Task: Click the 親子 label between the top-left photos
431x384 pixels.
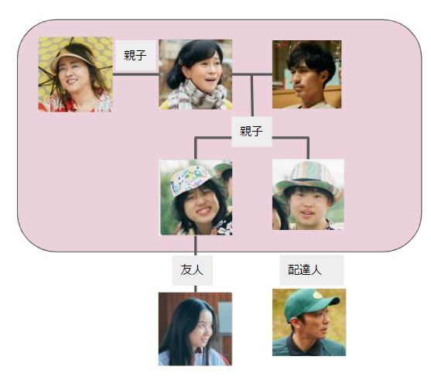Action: [x=135, y=55]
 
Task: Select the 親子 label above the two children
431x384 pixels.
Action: [x=251, y=131]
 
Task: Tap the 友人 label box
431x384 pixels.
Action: [x=192, y=270]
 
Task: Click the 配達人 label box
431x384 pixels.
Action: [x=312, y=270]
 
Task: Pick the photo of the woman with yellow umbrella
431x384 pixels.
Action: [x=75, y=74]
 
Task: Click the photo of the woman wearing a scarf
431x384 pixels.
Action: [x=196, y=74]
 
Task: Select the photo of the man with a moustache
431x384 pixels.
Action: [x=306, y=74]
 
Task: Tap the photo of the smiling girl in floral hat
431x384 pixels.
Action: [x=196, y=197]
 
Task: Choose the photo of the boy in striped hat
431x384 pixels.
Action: [x=308, y=194]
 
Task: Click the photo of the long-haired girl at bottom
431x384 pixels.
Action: [x=195, y=329]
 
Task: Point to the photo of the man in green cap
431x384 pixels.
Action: [x=310, y=322]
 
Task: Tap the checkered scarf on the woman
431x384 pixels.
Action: [x=197, y=95]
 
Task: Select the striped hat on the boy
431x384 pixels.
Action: [x=307, y=177]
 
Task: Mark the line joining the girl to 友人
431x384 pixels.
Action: [x=196, y=245]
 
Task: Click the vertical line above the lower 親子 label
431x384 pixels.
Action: [x=251, y=95]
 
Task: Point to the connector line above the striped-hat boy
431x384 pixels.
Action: [x=308, y=148]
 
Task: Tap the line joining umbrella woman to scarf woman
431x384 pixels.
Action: [x=135, y=74]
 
